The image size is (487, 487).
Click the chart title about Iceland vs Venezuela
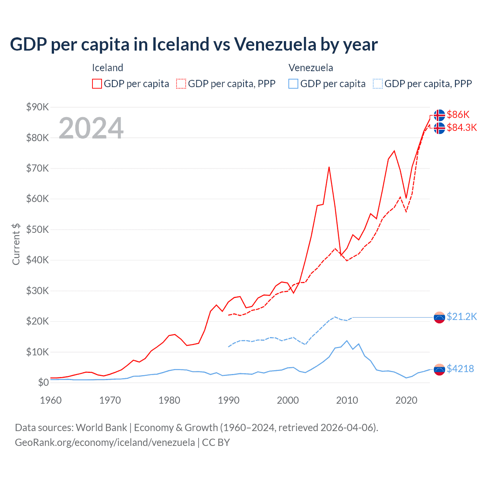(x=194, y=45)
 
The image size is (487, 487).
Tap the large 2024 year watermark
(x=91, y=128)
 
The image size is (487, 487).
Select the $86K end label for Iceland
(x=458, y=115)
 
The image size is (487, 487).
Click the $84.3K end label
(x=462, y=127)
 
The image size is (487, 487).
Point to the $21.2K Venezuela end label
(x=462, y=317)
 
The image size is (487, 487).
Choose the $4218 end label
(x=460, y=369)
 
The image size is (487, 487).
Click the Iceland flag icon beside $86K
(x=439, y=115)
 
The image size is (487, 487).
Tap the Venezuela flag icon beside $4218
(x=439, y=369)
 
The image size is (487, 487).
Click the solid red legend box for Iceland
(x=97, y=84)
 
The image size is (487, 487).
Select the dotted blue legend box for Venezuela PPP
(x=378, y=84)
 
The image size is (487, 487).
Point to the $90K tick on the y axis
(x=37, y=107)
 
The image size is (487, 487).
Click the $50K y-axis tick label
(x=37, y=229)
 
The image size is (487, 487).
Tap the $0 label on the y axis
(x=43, y=382)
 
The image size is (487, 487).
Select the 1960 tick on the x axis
(x=51, y=400)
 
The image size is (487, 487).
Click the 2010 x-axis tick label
(x=347, y=400)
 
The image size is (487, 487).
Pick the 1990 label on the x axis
(x=228, y=400)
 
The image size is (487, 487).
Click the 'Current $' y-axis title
(x=16, y=244)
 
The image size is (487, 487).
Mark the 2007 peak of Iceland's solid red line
(x=329, y=167)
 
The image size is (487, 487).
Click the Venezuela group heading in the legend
(x=310, y=68)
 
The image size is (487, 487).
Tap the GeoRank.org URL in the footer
(x=105, y=442)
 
